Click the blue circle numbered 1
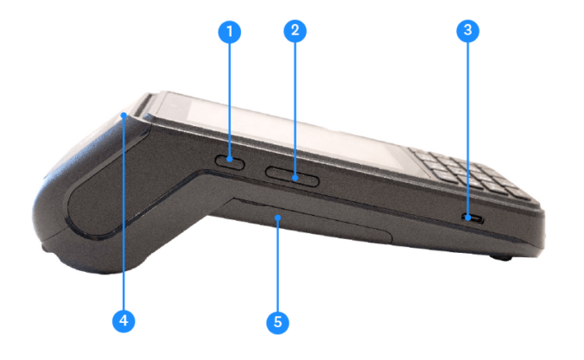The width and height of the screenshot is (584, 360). [x=229, y=32]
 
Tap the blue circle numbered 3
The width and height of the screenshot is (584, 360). [x=467, y=32]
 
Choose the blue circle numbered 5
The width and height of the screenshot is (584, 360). [x=277, y=323]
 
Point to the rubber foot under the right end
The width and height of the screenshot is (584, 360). [x=499, y=257]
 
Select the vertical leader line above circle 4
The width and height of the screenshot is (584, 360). [x=124, y=216]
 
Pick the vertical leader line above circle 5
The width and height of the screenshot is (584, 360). [x=277, y=268]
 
